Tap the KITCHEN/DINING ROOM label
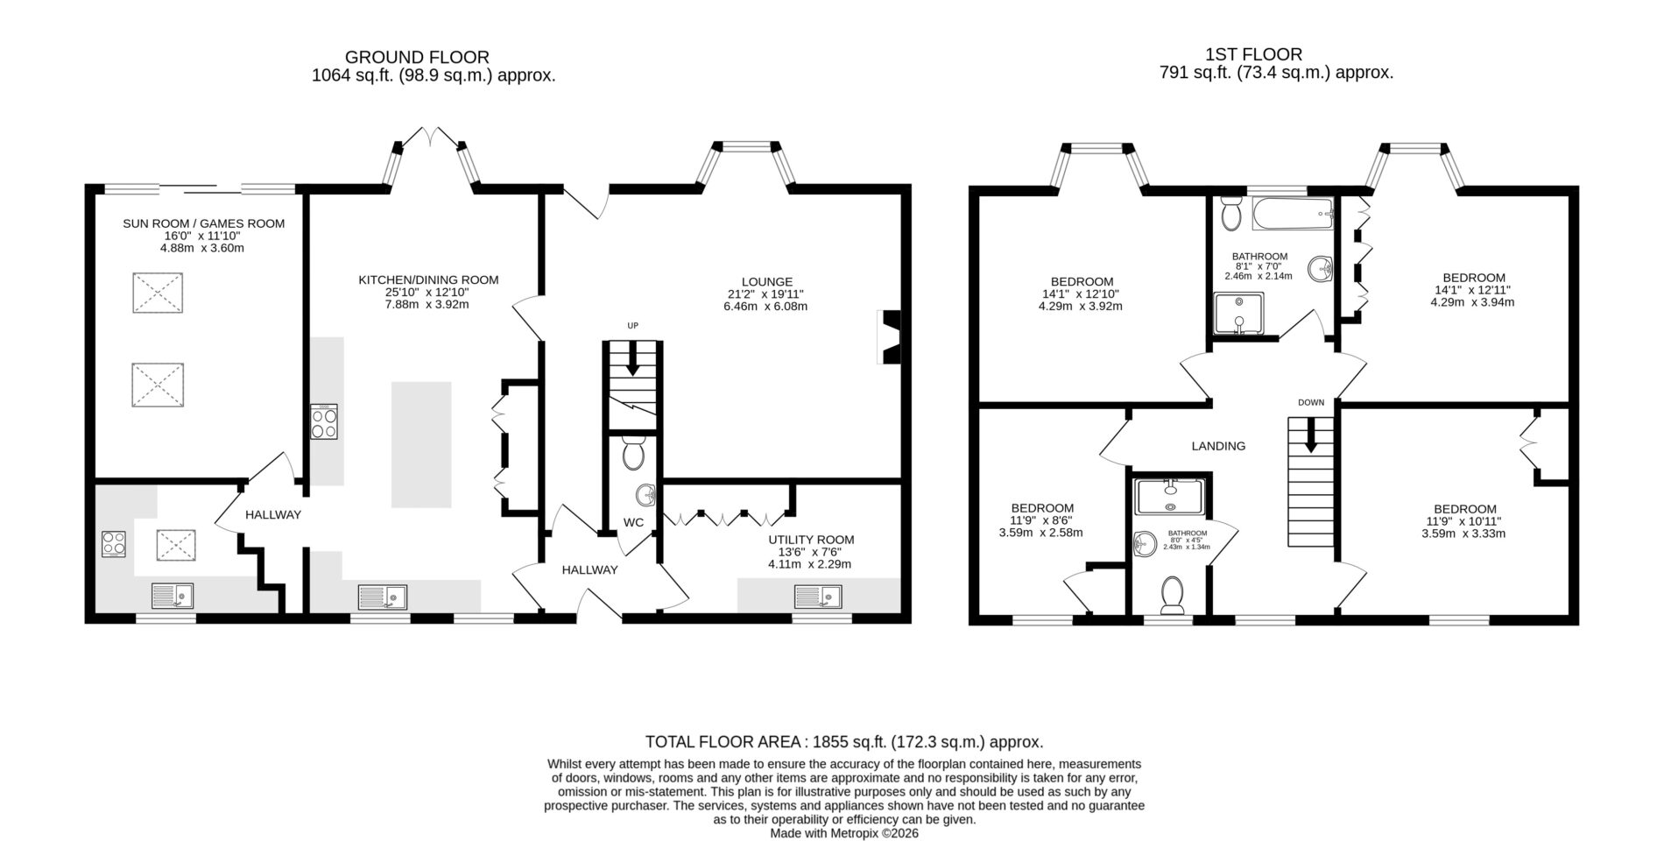click(428, 280)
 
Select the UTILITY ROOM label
click(811, 540)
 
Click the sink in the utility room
click(818, 597)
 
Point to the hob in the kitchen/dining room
click(324, 421)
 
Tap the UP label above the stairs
click(632, 326)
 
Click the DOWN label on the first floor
click(1311, 403)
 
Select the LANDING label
click(1218, 446)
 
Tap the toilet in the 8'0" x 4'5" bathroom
click(1172, 595)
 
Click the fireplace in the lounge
click(889, 336)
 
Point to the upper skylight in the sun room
click(158, 293)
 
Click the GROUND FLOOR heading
click(417, 58)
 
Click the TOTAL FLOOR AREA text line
click(844, 742)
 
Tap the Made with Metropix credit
click(844, 834)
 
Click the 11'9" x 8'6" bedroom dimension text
click(1041, 520)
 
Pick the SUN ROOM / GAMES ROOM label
click(203, 223)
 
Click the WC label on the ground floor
click(633, 522)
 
